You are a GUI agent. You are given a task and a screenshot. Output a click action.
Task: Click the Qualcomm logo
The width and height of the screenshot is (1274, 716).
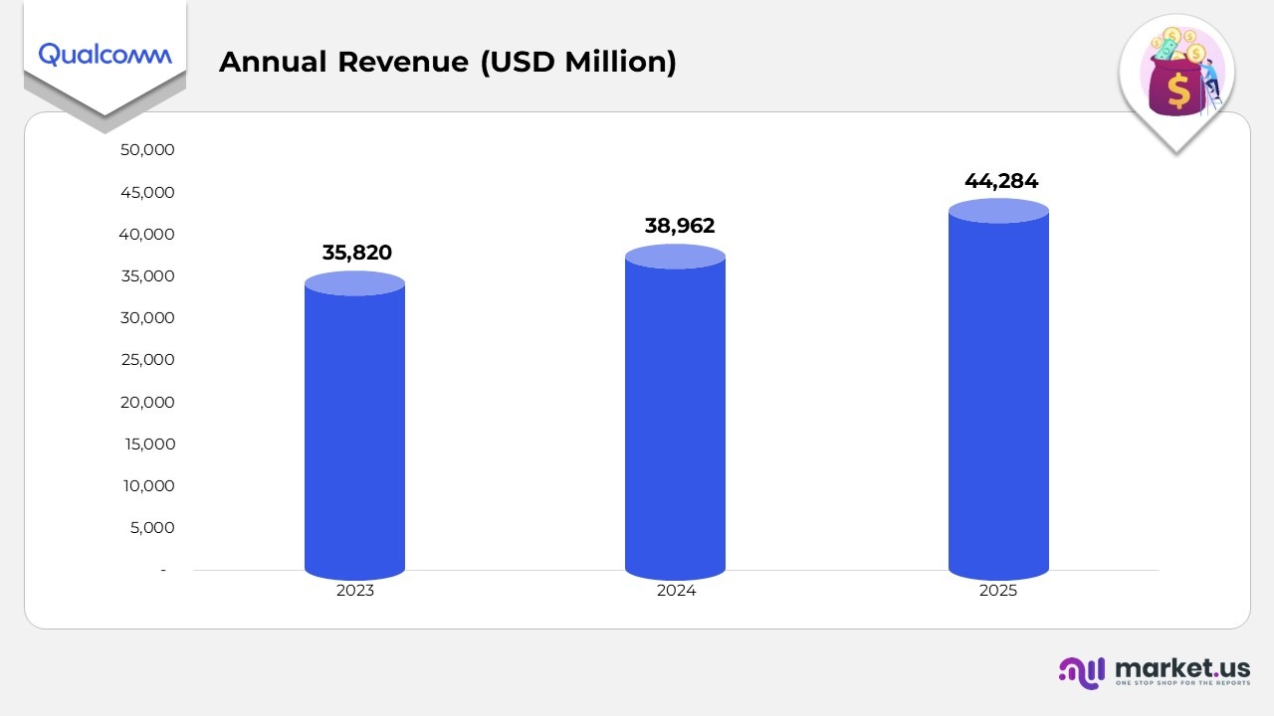pos(105,55)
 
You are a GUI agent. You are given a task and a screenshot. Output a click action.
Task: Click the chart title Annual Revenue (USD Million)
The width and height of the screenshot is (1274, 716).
pos(447,62)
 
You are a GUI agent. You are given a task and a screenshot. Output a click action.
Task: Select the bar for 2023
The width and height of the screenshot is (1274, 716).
pos(354,428)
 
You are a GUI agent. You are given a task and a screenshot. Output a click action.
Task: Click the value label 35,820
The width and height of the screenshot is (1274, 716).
pos(356,253)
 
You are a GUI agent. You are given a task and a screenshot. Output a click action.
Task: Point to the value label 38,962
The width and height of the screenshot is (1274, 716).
pos(680,226)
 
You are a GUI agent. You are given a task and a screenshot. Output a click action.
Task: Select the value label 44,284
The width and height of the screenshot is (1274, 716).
pos(1000,181)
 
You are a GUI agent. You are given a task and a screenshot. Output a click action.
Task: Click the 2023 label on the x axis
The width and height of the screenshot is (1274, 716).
pos(355,591)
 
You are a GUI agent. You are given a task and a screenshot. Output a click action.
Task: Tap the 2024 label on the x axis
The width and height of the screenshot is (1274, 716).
pos(676,591)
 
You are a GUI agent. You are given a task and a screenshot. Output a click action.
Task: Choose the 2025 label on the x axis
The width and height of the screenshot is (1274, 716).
pos(998,591)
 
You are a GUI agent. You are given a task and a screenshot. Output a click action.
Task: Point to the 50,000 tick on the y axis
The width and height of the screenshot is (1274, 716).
pos(147,150)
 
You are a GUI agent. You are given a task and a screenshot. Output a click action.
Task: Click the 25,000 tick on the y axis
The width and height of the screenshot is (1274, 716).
pos(147,360)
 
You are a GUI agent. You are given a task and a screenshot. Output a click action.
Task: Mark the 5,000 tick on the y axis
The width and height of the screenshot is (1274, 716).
pos(152,528)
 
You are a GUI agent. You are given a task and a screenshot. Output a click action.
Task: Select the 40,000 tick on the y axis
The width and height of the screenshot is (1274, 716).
pos(147,235)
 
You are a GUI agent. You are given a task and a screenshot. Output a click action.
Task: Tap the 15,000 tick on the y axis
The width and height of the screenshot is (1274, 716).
pos(147,445)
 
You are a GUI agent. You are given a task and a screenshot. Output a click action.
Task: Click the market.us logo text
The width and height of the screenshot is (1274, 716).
pos(1182,668)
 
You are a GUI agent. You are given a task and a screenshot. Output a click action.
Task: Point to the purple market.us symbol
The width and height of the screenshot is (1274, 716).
pos(1082,672)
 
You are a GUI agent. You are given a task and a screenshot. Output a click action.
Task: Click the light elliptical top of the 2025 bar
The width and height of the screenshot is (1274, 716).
pos(998,211)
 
